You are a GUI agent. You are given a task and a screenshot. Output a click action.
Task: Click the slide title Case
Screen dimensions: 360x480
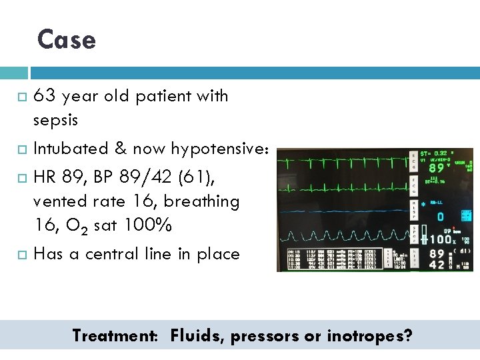[x=67, y=40]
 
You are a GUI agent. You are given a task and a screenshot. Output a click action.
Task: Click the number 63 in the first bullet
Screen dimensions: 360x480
[x=44, y=96]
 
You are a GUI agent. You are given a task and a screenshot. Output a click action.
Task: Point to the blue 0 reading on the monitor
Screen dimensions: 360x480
[x=440, y=217]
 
